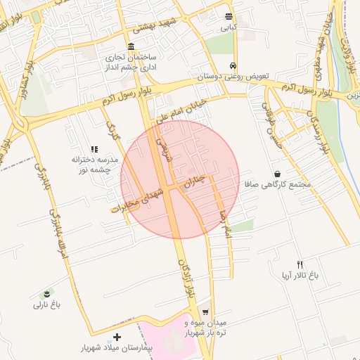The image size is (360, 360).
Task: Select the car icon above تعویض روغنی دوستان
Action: [x=232, y=66]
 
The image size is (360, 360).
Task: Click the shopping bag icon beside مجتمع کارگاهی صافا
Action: [x=278, y=174]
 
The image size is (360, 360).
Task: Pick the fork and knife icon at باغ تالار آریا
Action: [x=300, y=264]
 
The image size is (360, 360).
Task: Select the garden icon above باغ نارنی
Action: [x=47, y=293]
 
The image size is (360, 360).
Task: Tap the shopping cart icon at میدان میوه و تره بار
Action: [x=205, y=311]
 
